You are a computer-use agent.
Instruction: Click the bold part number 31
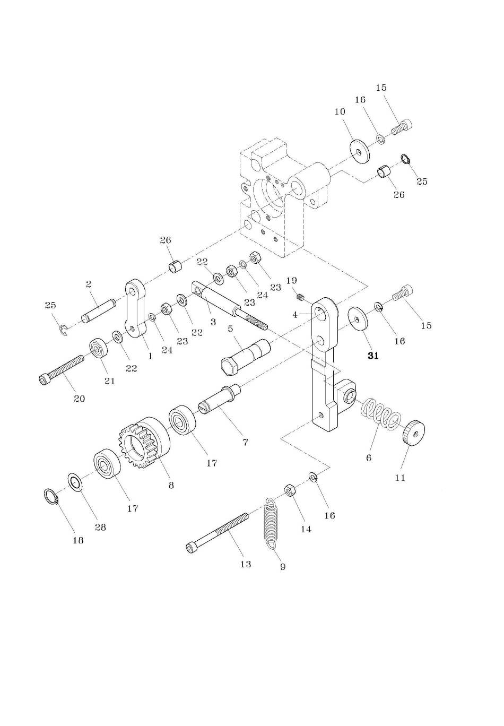click(x=373, y=356)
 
